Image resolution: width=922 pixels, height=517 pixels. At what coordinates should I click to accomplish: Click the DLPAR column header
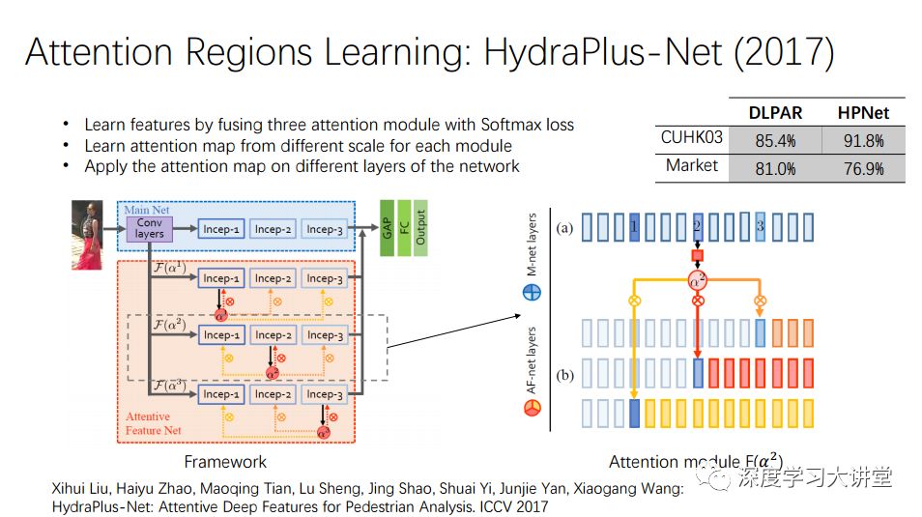click(775, 112)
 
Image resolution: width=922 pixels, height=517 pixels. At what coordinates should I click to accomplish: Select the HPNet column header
click(862, 112)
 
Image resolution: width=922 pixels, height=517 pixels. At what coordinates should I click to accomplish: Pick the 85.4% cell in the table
click(775, 140)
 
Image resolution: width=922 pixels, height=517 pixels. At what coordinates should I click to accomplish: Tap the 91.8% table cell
click(862, 140)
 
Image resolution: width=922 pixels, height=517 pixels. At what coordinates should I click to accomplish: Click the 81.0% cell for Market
click(775, 168)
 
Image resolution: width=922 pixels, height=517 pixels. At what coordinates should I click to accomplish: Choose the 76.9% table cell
click(862, 168)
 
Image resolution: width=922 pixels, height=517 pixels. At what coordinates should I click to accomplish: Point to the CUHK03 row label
click(691, 138)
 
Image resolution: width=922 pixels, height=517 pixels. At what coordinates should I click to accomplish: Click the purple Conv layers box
click(150, 228)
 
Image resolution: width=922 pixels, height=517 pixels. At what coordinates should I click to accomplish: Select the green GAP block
click(386, 229)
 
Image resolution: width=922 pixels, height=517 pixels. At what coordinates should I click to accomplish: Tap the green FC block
click(403, 229)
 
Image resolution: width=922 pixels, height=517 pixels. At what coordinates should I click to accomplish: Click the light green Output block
click(419, 229)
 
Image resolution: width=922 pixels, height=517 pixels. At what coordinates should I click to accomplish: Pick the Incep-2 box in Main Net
click(273, 229)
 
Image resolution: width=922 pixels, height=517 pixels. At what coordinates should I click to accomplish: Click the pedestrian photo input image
click(87, 234)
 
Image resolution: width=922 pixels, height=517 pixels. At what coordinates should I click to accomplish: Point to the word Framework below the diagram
click(225, 461)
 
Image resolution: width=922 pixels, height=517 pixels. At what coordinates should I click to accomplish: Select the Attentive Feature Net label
click(153, 423)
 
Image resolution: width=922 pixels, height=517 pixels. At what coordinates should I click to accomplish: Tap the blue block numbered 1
click(633, 227)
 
